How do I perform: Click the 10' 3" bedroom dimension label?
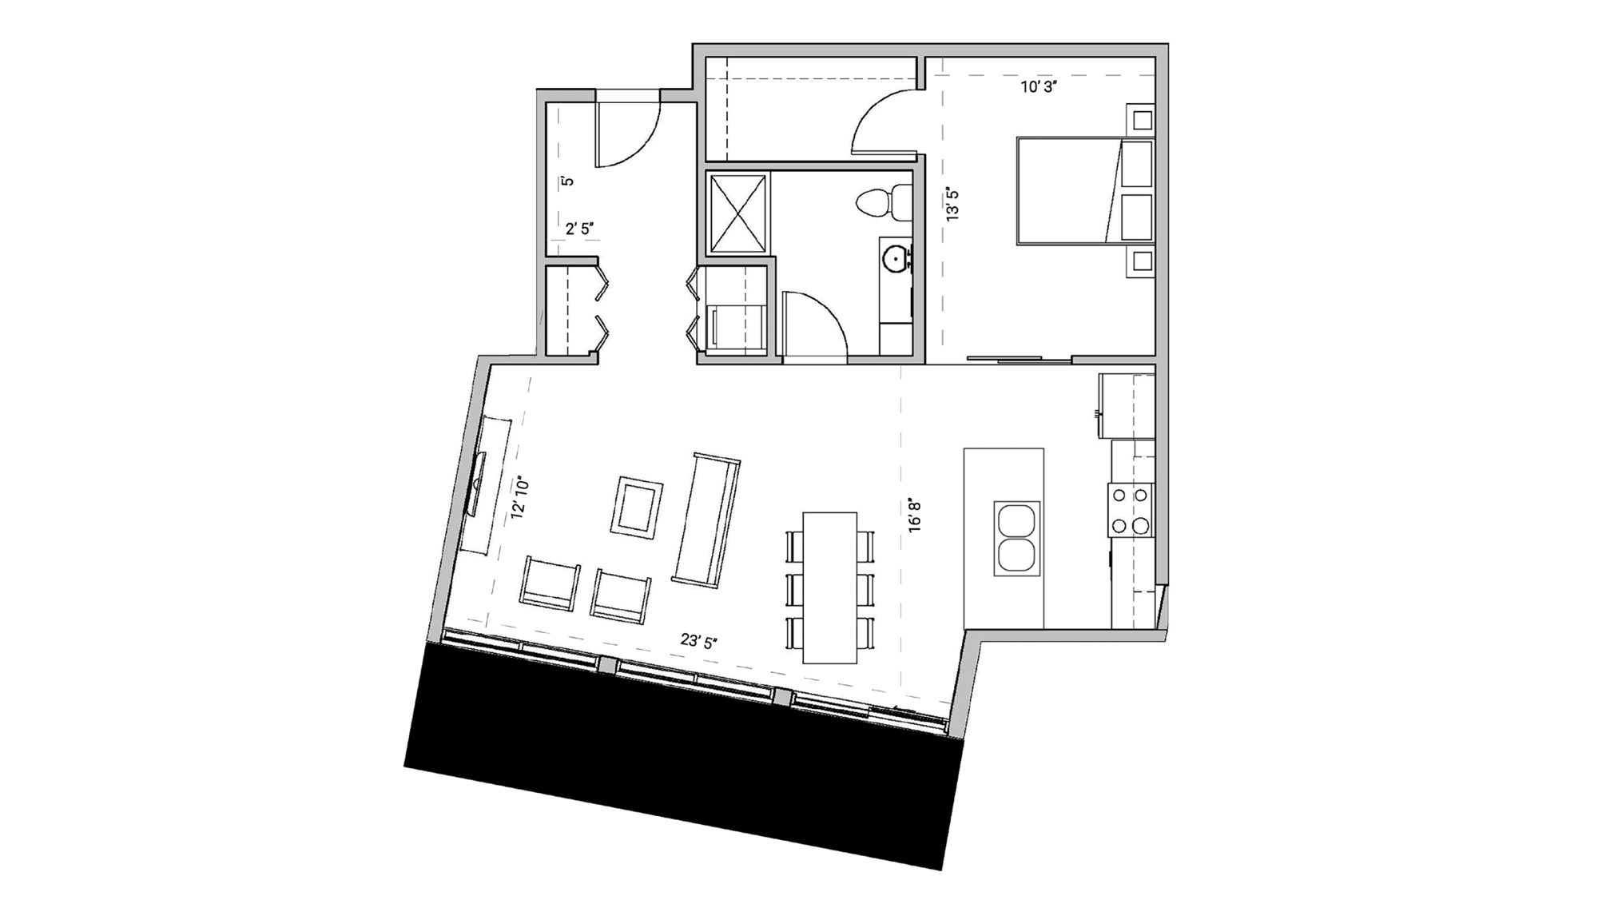click(x=1039, y=87)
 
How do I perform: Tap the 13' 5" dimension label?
click(x=952, y=205)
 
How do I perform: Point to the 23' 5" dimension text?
click(x=698, y=641)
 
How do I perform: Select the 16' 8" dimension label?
click(x=915, y=516)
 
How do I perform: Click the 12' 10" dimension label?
click(x=520, y=499)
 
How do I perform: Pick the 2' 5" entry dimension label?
click(x=579, y=229)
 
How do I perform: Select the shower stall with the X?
click(x=737, y=213)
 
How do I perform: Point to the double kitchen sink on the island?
click(x=1017, y=538)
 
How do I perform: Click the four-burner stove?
click(x=1131, y=510)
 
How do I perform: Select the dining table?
click(x=829, y=587)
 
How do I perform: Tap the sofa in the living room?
click(x=707, y=519)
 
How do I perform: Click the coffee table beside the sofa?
click(x=637, y=507)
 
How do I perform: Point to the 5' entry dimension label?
click(x=567, y=181)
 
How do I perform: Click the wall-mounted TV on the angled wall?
click(x=477, y=484)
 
